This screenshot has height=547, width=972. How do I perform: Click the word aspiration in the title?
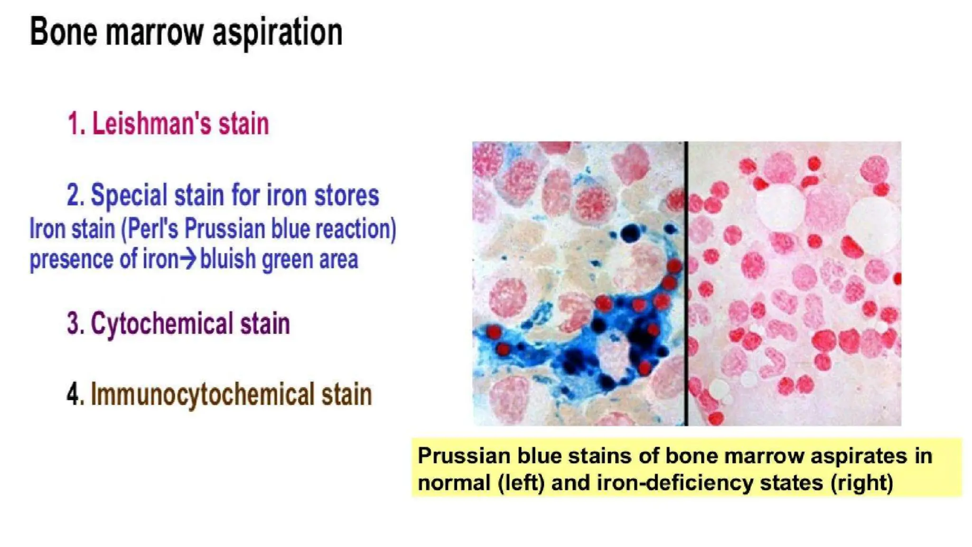tap(277, 32)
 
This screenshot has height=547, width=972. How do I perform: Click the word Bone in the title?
tap(64, 31)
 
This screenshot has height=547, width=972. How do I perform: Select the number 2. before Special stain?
tap(75, 195)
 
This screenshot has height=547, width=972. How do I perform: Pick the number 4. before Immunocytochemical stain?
tap(75, 395)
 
